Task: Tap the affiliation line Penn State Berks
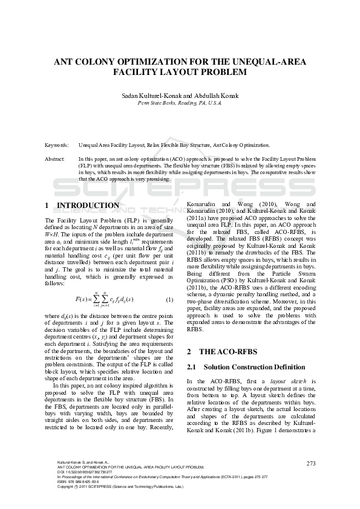180,103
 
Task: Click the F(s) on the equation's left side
82,300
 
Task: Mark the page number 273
311,463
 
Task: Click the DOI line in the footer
84,472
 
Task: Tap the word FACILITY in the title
134,72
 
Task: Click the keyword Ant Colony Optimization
240,146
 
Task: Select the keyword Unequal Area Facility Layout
111,146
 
